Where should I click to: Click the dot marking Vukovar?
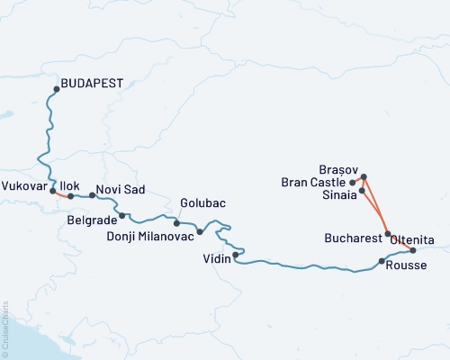[53, 190]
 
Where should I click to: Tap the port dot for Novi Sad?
[92, 195]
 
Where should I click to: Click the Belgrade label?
[92, 219]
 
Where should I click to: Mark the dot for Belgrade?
[122, 215]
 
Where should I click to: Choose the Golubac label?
[200, 203]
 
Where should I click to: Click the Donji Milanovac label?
[163, 238]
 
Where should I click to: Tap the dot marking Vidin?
[235, 256]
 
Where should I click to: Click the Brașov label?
[338, 168]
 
